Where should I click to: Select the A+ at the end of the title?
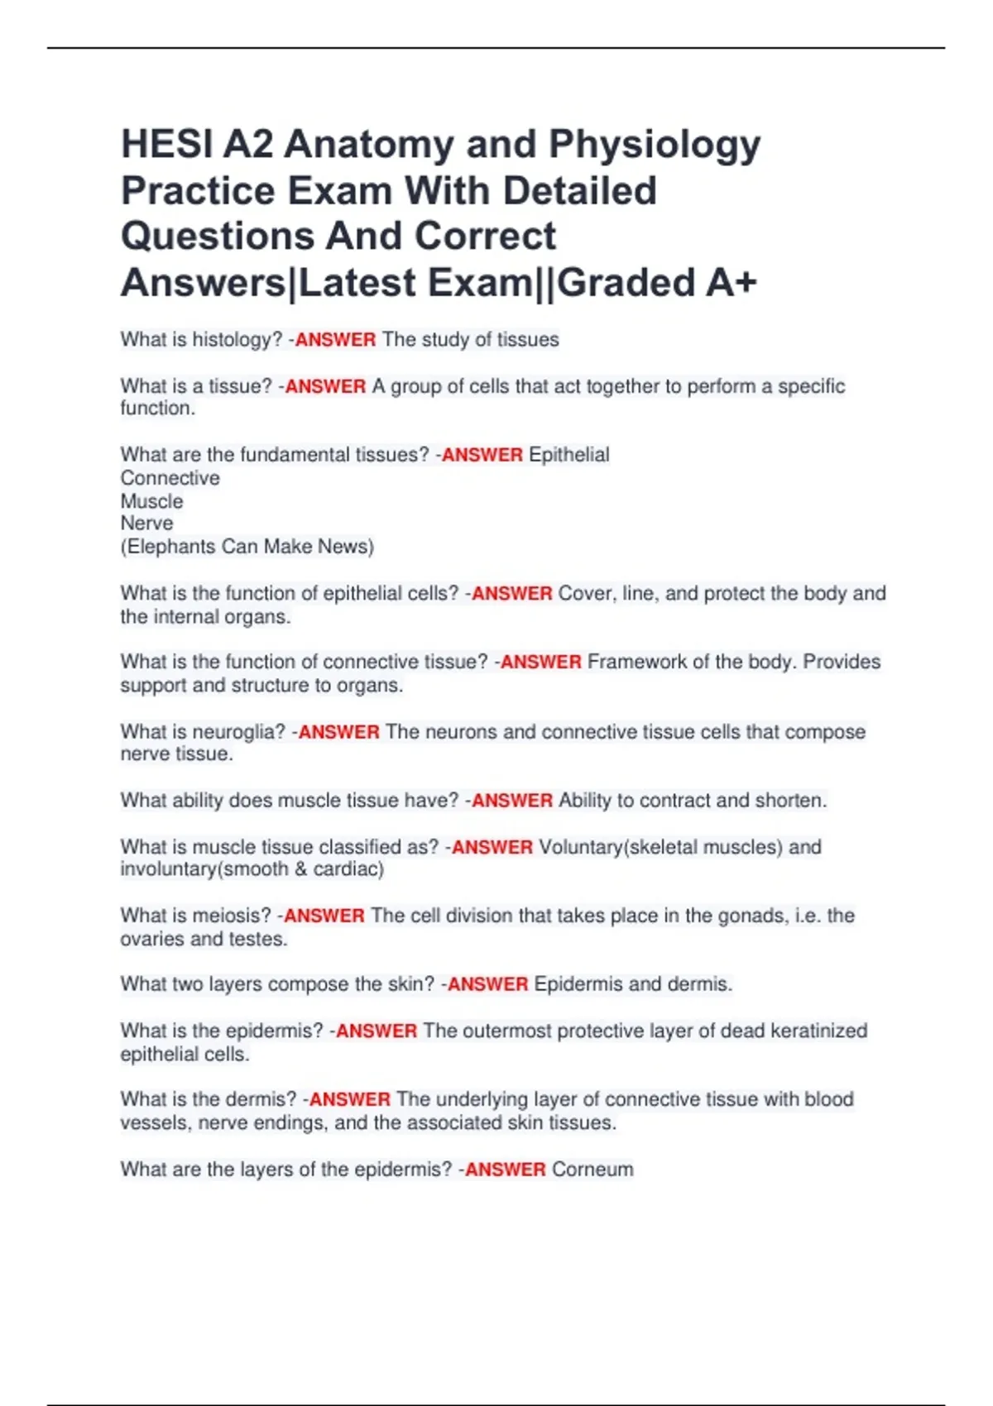(732, 283)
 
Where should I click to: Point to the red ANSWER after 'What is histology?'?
(335, 340)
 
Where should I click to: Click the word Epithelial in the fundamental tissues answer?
(568, 455)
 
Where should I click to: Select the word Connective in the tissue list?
(170, 478)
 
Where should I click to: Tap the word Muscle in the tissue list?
(152, 501)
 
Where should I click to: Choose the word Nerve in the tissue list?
(147, 524)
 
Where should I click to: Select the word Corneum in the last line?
(592, 1169)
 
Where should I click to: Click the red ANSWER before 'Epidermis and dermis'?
(487, 984)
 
